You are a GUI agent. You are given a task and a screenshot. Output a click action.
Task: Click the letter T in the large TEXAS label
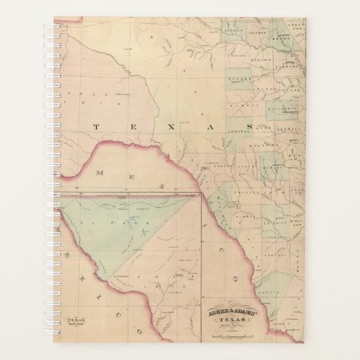[95, 126]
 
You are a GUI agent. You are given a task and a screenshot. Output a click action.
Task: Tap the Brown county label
[280, 41]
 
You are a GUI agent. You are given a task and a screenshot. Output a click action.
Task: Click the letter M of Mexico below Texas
[99, 174]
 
